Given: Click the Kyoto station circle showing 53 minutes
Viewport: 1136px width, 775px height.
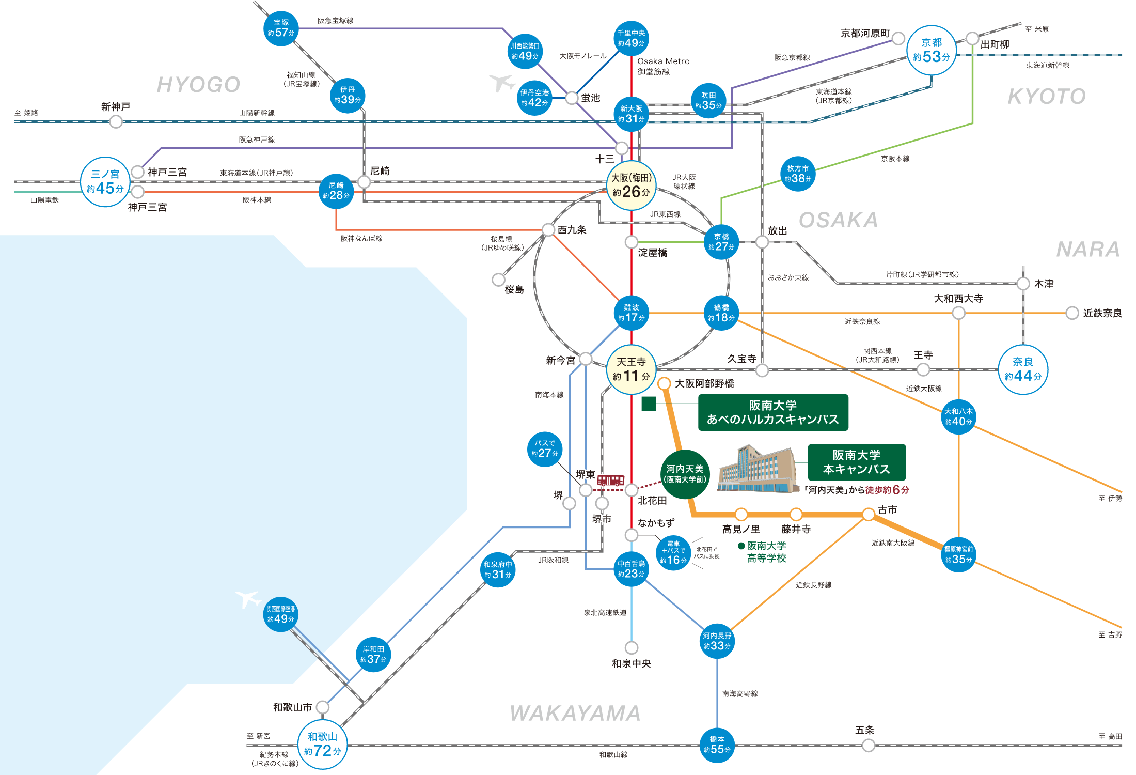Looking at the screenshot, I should point(932,51).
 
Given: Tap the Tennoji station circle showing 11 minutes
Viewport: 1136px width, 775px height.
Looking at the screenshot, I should point(631,369).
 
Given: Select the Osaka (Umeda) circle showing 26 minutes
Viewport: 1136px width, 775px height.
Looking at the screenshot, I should point(631,185).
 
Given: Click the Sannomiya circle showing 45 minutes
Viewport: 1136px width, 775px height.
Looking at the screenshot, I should point(105,182).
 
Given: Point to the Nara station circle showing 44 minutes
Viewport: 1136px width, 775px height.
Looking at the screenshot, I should point(1023,369).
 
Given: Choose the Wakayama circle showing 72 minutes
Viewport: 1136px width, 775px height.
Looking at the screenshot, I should point(323,745).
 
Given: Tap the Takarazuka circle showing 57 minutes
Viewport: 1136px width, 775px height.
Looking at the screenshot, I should point(281,28).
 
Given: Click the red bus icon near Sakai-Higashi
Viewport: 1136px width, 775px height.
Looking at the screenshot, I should point(611,481).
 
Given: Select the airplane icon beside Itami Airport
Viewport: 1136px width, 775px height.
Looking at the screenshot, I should point(502,82).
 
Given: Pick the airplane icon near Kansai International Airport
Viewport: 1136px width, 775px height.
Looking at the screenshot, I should point(248,599).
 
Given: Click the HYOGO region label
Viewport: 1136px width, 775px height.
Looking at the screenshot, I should point(198,85).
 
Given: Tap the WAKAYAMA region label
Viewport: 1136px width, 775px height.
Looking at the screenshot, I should point(575,714).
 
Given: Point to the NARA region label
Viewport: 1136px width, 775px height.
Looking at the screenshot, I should point(1088,250).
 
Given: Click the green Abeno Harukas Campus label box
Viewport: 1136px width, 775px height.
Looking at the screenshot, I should point(773,412).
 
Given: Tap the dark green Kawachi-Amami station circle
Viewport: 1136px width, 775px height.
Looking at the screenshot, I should point(685,474).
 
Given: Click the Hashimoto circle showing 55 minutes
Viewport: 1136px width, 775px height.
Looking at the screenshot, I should point(717,745).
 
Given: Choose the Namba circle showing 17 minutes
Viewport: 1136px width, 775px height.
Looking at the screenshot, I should point(631,313).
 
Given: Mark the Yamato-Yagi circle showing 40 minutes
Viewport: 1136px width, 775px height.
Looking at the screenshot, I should point(958,416).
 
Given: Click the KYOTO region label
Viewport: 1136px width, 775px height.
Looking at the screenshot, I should point(1047,97).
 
